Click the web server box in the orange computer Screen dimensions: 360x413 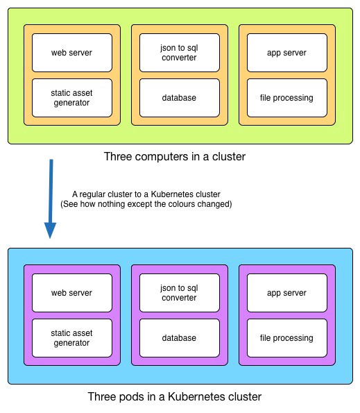pyautogui.click(x=72, y=53)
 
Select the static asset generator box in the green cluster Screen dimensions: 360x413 pyautogui.click(x=72, y=98)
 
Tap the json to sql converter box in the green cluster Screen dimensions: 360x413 pyautogui.click(x=180, y=53)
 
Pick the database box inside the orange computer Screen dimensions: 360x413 pyautogui.click(x=180, y=98)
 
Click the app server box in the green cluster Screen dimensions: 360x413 pyautogui.click(x=287, y=53)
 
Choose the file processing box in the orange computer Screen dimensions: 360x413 pyautogui.click(x=287, y=98)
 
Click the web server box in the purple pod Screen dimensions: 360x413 pyautogui.click(x=72, y=293)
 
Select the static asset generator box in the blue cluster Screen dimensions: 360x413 pyautogui.click(x=72, y=338)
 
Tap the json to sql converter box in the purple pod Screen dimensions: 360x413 pyautogui.click(x=180, y=293)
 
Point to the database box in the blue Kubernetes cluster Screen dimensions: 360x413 pyautogui.click(x=180, y=338)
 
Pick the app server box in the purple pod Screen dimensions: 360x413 pyautogui.click(x=287, y=293)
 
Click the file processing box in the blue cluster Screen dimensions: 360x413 pyautogui.click(x=287, y=338)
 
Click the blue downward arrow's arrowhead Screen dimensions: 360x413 pyautogui.click(x=50, y=230)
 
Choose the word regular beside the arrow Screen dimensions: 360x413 pyautogui.click(x=93, y=195)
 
